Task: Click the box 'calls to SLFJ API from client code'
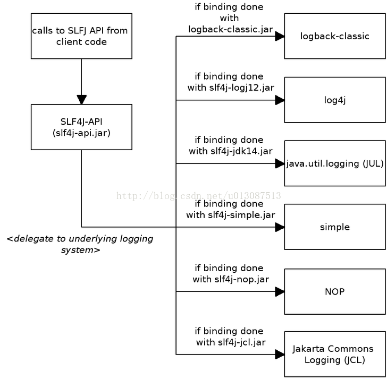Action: coord(81,36)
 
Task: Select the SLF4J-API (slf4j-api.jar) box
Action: coord(81,127)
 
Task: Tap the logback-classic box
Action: coord(335,36)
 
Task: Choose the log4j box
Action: coord(335,100)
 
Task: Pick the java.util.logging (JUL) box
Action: coord(335,163)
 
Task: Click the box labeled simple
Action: coord(335,227)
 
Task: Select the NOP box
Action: coord(335,291)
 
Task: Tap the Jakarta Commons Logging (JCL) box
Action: coord(335,354)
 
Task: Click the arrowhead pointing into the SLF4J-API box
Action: coord(81,100)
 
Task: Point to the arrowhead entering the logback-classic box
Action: coord(280,36)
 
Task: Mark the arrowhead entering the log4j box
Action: coord(280,100)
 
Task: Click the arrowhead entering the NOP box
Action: coord(280,291)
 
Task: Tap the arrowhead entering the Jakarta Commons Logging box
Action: coord(280,355)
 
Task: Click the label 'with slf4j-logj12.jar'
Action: coord(231,88)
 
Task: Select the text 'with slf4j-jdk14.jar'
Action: coord(231,151)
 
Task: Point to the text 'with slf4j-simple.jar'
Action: coord(231,215)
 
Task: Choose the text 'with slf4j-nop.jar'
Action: coord(231,280)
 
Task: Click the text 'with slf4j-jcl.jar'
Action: coord(231,342)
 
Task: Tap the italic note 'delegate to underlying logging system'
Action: coord(80,244)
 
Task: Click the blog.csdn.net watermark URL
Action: coord(199,196)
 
